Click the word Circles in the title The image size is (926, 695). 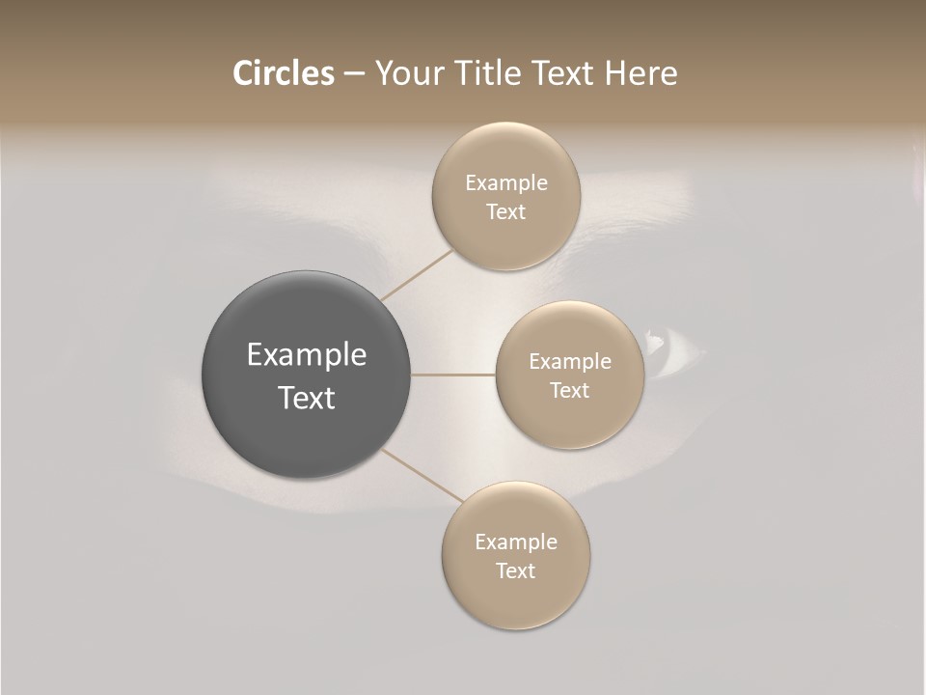pyautogui.click(x=283, y=73)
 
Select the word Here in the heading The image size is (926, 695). pyautogui.click(x=640, y=73)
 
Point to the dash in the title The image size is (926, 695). pyautogui.click(x=354, y=74)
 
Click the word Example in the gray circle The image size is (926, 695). pyautogui.click(x=307, y=355)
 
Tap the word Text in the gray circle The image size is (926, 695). pyautogui.click(x=307, y=398)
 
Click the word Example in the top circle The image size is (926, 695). pyautogui.click(x=506, y=183)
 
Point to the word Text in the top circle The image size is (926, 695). pyautogui.click(x=505, y=211)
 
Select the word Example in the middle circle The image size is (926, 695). pyautogui.click(x=570, y=361)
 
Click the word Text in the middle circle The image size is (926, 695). pyautogui.click(x=569, y=390)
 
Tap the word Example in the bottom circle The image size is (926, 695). pyautogui.click(x=516, y=542)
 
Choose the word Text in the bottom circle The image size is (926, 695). pyautogui.click(x=515, y=570)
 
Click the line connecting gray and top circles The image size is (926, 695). pyautogui.click(x=416, y=274)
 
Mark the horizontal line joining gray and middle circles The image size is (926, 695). pyautogui.click(x=453, y=375)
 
